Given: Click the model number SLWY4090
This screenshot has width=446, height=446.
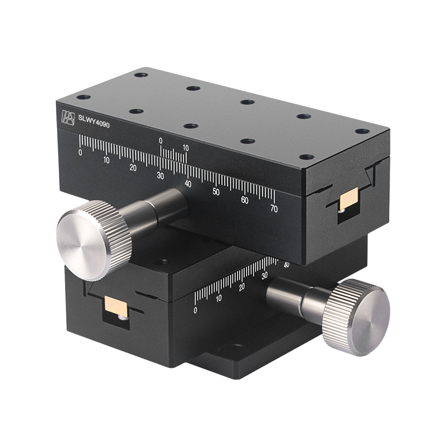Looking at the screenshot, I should point(94,125).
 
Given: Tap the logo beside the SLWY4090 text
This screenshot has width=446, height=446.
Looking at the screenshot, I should point(68,118).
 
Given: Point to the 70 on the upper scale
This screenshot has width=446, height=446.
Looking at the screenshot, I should point(273,209).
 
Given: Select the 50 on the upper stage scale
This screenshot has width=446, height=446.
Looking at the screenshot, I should point(216,192).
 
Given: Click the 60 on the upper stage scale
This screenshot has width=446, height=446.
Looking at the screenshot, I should point(245,200).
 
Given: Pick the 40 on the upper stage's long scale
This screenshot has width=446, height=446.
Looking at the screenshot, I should point(188,183).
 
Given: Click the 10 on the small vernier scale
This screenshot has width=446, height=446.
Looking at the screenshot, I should point(186,148).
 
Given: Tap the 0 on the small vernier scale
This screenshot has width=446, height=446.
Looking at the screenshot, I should point(161,140).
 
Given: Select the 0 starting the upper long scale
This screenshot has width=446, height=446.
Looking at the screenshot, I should point(80,152).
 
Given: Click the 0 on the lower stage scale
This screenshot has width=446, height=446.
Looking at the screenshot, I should point(195,310).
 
